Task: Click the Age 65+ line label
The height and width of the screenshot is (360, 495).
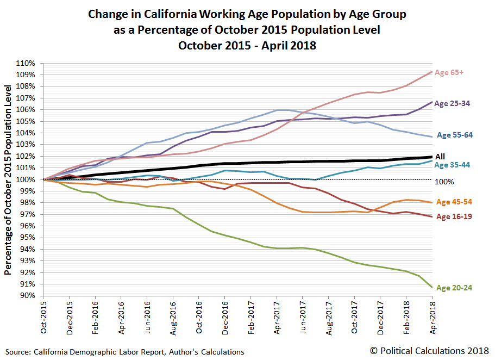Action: (449, 72)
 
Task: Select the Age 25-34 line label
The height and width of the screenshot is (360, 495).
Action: (455, 103)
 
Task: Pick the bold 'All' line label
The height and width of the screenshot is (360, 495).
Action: (440, 157)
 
